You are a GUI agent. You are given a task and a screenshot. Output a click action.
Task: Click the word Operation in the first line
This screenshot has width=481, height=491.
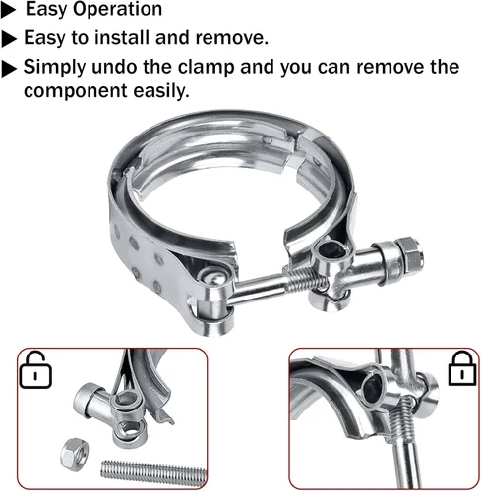click(x=117, y=9)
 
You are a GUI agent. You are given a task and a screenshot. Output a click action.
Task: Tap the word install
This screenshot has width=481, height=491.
click(x=122, y=37)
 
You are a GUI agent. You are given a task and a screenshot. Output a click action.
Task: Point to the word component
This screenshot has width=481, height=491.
click(x=75, y=91)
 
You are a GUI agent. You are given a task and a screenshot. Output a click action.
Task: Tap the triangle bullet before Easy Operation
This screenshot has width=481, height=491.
click(x=8, y=11)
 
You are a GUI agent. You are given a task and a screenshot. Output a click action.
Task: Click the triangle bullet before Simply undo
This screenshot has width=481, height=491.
click(x=9, y=69)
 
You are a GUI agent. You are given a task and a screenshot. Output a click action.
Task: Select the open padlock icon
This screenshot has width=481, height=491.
click(x=35, y=370)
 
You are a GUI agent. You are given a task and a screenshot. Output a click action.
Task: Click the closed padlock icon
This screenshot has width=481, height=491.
click(x=461, y=368)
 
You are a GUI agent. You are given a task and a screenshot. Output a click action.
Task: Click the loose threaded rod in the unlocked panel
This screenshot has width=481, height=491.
click(x=154, y=471)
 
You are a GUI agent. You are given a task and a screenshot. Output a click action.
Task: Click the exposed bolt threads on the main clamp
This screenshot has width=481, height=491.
click(x=304, y=280)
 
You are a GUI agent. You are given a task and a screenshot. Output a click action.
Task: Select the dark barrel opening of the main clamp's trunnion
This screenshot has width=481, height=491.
click(x=331, y=251)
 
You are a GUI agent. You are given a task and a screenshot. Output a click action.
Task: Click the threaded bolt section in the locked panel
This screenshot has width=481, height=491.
click(x=401, y=420)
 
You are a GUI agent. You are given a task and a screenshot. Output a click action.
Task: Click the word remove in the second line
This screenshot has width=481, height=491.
click(x=231, y=37)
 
